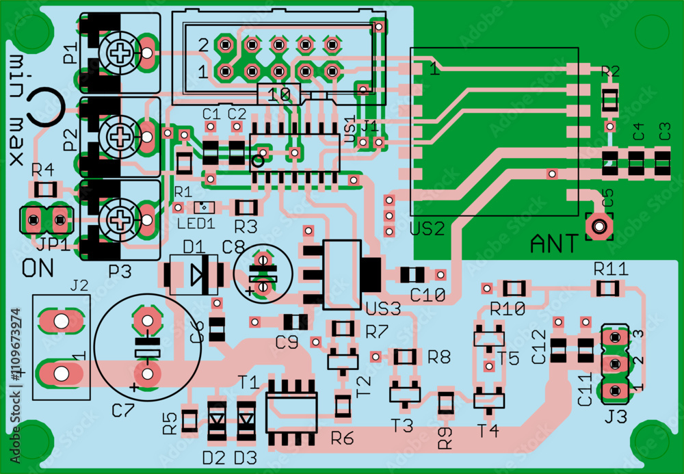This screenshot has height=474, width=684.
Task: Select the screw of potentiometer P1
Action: click(121, 51)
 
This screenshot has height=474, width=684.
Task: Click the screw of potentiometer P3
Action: click(121, 220)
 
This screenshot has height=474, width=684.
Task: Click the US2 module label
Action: click(427, 228)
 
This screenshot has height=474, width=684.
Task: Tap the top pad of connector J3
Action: click(616, 337)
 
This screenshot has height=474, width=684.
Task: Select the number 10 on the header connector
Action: click(278, 95)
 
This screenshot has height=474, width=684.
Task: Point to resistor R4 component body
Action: click(46, 189)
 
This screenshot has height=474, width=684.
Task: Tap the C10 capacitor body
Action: click(412, 275)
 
